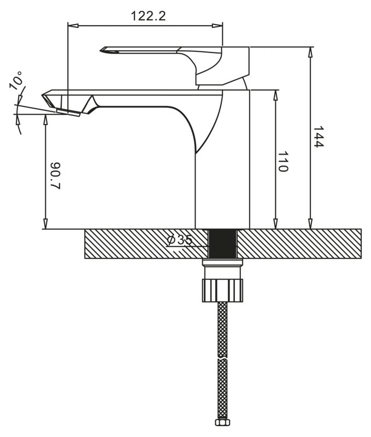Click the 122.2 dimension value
click(x=148, y=16)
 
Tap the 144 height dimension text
click(x=318, y=137)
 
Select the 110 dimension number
click(x=283, y=162)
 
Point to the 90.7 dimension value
click(x=56, y=175)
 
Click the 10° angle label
click(x=16, y=80)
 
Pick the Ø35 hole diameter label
click(x=180, y=240)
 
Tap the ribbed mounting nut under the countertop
click(x=222, y=290)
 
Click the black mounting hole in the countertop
click(x=222, y=244)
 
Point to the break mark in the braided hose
click(x=222, y=358)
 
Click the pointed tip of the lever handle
click(x=101, y=50)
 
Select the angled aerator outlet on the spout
click(x=68, y=113)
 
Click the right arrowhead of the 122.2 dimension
click(x=217, y=26)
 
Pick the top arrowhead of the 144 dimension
click(x=310, y=52)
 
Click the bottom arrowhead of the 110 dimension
click(x=275, y=223)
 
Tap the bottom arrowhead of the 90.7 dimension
click(x=45, y=224)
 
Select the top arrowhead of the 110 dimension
click(x=275, y=95)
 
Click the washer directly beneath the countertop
click(x=222, y=262)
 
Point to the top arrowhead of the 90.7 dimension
click(x=45, y=120)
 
